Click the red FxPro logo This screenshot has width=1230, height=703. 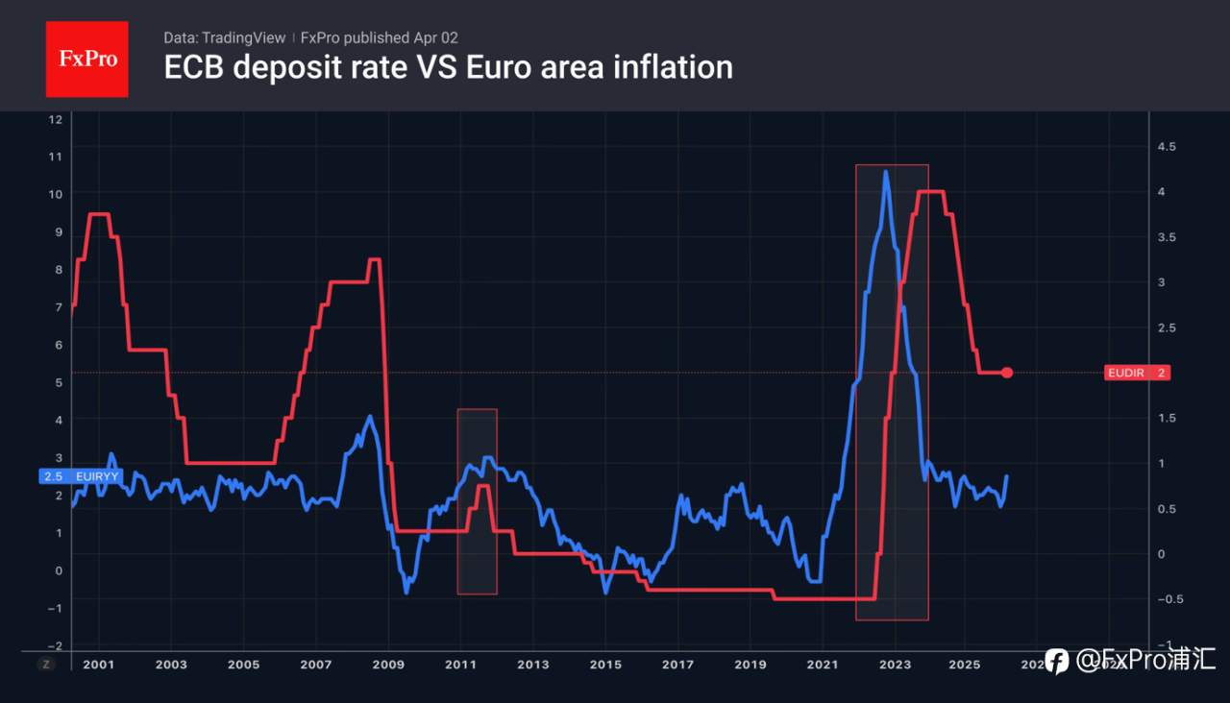(x=86, y=59)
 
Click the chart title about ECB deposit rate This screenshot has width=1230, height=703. (x=448, y=67)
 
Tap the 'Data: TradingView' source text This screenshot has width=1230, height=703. (x=224, y=37)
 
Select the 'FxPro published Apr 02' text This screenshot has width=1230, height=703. (x=380, y=37)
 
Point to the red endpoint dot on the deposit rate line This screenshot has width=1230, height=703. (x=1007, y=373)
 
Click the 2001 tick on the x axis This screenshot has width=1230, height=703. (x=99, y=665)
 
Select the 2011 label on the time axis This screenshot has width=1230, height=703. (x=460, y=665)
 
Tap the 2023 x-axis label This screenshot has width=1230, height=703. (x=894, y=665)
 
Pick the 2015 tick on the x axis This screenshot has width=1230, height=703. (x=605, y=665)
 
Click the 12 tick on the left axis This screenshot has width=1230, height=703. (x=55, y=119)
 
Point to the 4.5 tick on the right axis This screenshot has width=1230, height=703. (x=1167, y=146)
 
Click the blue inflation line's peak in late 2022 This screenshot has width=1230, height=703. (x=885, y=173)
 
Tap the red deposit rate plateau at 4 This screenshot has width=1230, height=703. (x=929, y=192)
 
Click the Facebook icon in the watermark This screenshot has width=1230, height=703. (x=1056, y=661)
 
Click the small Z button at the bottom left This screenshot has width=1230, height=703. (x=45, y=664)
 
